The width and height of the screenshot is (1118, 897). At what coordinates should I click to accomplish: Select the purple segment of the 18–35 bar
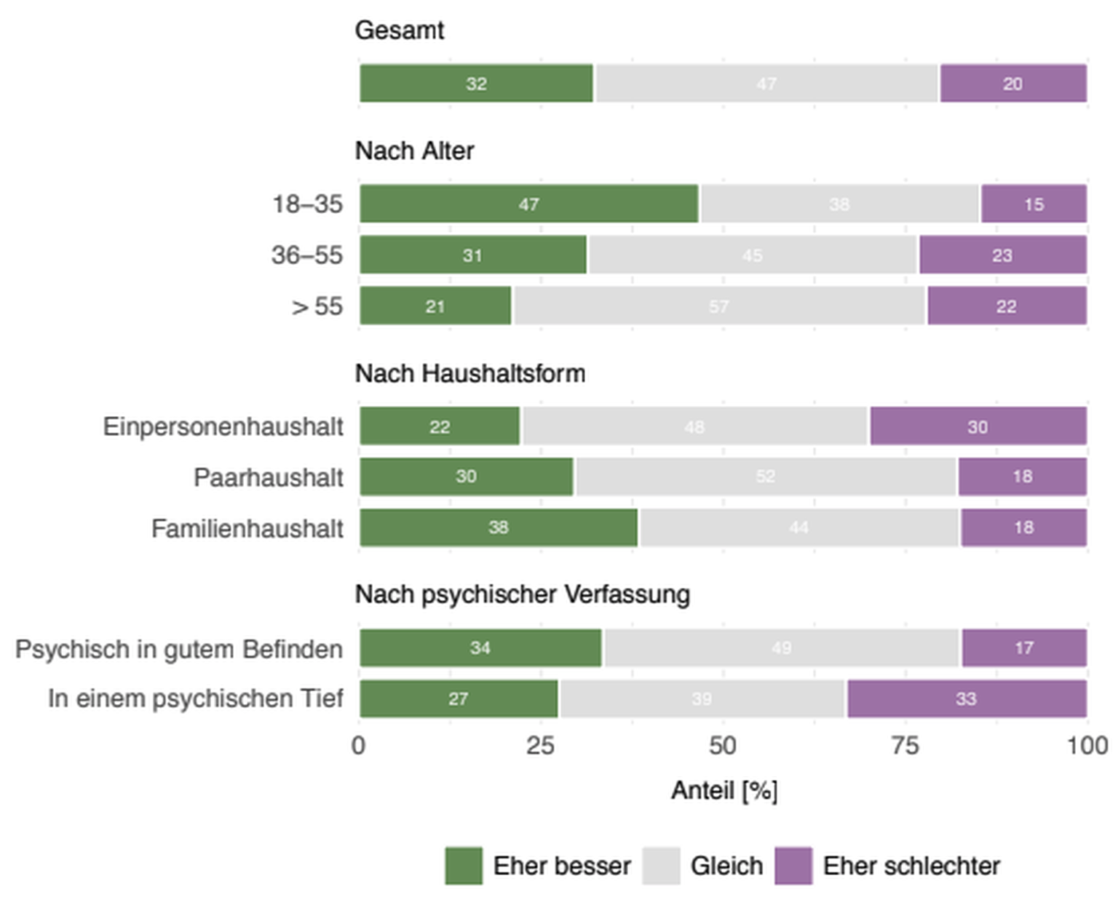point(1034,204)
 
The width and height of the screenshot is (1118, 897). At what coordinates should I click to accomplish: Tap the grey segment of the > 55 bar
point(718,306)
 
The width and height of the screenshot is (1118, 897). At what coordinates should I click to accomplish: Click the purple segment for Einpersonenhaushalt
point(978,426)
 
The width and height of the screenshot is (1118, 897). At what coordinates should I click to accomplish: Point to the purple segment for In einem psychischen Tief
point(966,698)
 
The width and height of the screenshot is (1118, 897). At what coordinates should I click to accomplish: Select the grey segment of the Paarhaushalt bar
point(765,477)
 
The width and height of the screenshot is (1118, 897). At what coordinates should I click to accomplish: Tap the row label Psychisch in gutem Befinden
point(179,648)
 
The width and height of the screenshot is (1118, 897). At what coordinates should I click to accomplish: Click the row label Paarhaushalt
point(269,477)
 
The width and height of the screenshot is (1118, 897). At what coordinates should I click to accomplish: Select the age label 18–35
point(307,204)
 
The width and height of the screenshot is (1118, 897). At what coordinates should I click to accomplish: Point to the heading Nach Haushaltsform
point(470,373)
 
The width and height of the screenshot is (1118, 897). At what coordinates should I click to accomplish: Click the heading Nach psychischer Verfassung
point(523,594)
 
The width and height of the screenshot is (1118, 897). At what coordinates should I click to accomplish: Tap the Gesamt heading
point(400,31)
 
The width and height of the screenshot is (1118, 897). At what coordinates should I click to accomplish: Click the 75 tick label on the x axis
point(905,746)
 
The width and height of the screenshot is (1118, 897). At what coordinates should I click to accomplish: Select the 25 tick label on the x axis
point(540,746)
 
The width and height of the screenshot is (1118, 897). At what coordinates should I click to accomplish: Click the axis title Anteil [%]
point(724,790)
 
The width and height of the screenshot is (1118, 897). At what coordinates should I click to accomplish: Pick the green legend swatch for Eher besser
point(464,866)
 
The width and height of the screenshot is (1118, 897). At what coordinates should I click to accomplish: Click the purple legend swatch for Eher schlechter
point(793,866)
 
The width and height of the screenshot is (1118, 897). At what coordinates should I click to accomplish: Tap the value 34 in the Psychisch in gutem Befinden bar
point(480,648)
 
